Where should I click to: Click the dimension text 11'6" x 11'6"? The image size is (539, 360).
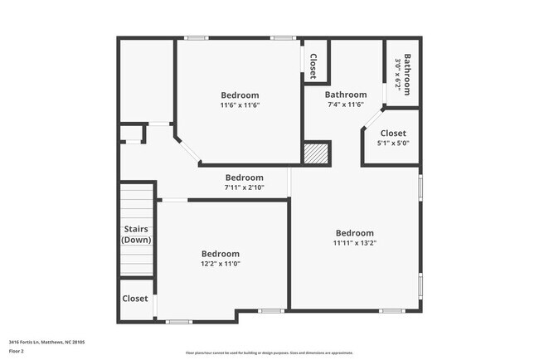click(240, 105)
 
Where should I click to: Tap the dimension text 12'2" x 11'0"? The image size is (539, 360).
click(221, 264)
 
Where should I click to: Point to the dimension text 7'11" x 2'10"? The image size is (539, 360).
click(245, 187)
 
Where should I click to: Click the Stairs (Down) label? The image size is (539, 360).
click(136, 234)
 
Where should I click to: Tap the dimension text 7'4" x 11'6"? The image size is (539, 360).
click(346, 105)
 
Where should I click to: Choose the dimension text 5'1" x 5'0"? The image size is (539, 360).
click(393, 144)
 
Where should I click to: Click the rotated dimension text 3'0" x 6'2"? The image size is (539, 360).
click(398, 74)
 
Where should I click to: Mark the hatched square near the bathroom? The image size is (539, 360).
click(315, 153)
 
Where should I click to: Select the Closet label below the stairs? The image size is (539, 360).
click(135, 299)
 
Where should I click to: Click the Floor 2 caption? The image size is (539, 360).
click(17, 350)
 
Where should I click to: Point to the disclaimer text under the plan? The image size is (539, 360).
click(269, 353)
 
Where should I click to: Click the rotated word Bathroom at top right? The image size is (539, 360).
click(408, 74)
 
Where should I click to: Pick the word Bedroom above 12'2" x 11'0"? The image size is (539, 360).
click(221, 254)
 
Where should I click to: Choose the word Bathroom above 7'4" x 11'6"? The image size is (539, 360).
click(346, 95)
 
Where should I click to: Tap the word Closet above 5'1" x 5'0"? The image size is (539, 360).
click(393, 134)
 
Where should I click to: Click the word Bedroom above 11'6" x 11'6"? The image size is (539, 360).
click(240, 95)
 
